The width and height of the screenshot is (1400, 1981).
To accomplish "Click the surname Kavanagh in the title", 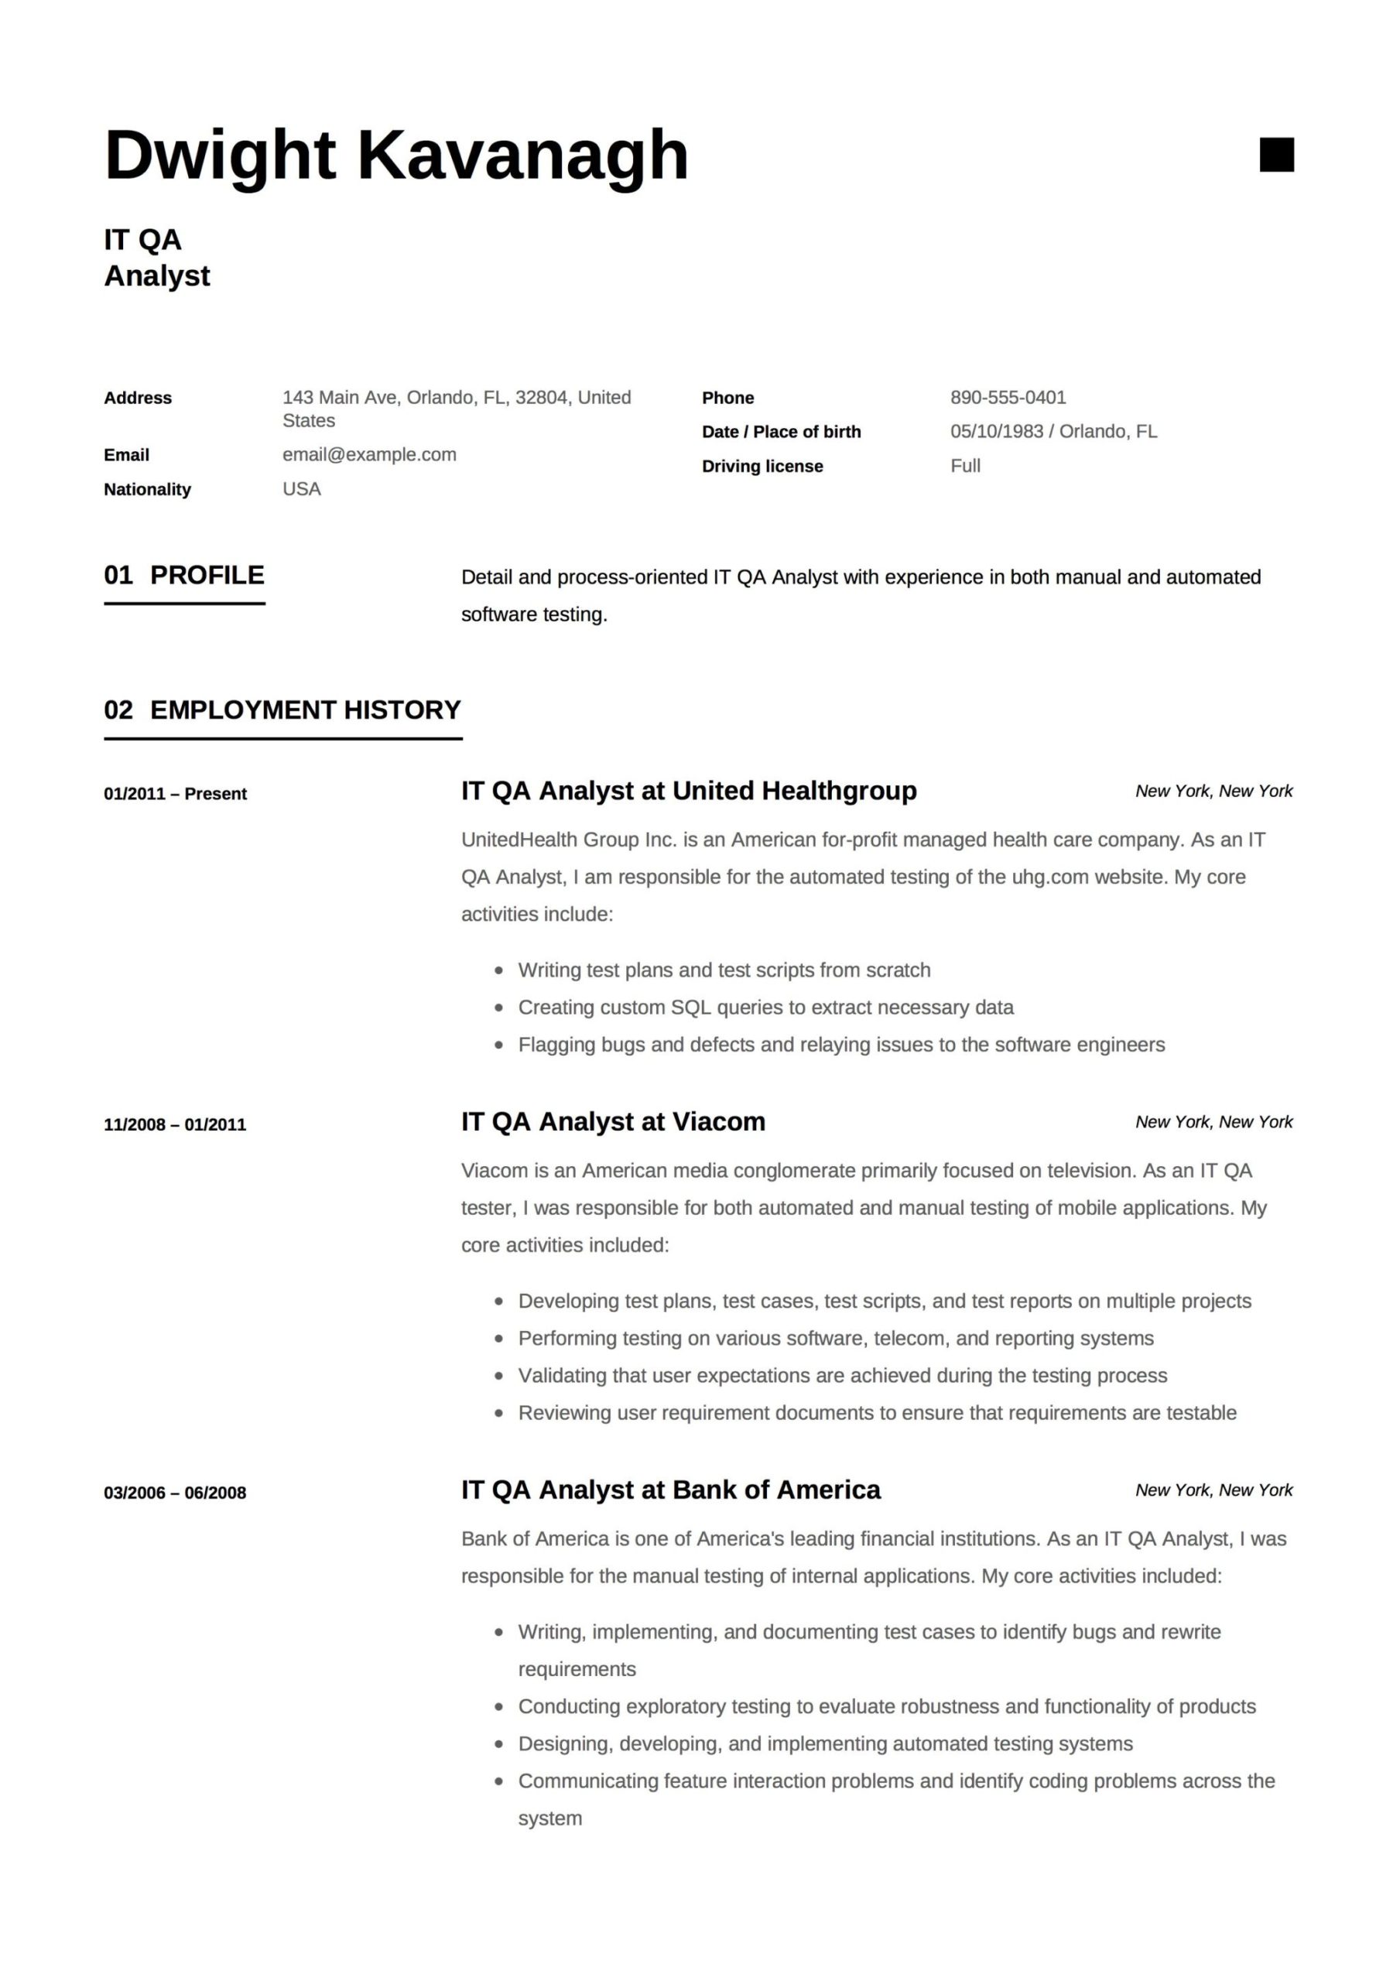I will coord(522,156).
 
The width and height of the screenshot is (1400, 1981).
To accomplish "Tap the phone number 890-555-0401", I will coord(1008,398).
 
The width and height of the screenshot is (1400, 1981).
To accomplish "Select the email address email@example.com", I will coord(369,455).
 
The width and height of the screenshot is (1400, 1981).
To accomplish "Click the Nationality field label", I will coord(147,489).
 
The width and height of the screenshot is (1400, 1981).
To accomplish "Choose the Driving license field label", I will coord(762,466).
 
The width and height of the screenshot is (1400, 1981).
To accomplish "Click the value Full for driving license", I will coord(965,466).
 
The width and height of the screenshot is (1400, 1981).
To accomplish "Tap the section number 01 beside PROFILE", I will coord(118,576).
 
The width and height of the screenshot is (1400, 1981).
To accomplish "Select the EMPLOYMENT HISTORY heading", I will coord(305,710).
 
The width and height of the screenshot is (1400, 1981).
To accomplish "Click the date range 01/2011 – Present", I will coord(175,794).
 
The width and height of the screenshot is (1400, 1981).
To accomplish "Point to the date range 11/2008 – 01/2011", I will coord(175,1125).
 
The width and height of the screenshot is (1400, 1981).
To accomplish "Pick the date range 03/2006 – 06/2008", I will coord(175,1493).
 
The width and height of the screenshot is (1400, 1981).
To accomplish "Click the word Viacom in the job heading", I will coord(718,1121).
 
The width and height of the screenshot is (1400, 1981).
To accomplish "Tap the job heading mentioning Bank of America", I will coord(671,1490).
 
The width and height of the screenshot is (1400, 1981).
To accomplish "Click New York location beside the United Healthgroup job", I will coord(1213,791).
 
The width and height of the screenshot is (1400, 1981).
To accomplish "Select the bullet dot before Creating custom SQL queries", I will coord(499,1008).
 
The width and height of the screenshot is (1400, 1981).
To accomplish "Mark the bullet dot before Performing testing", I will coord(499,1339).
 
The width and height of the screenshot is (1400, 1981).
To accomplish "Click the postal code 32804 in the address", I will coord(541,398).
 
